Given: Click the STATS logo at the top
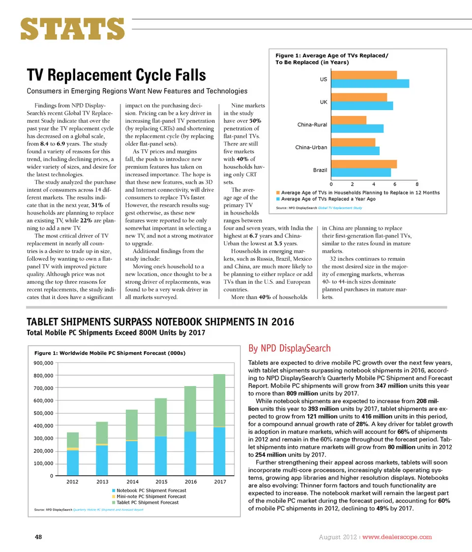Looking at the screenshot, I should tap(72, 29).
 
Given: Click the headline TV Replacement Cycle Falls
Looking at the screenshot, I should tap(116, 75).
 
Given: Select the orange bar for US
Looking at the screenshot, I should tap(364, 75).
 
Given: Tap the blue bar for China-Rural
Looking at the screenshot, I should tap(357, 129).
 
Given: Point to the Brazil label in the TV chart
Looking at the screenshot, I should tap(320, 170).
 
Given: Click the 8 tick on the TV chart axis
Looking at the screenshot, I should tap(417, 184).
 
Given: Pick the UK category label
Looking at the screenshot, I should tap(324, 102).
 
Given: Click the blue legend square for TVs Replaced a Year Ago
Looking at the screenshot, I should tap(278, 199).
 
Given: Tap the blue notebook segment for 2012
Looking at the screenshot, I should tap(73, 463).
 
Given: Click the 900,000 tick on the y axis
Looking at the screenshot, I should tap(43, 363).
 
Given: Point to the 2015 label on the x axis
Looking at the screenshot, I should tap(161, 482).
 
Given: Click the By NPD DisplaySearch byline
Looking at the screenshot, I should tap(289, 349).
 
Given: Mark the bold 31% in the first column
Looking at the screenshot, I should tap(97, 205).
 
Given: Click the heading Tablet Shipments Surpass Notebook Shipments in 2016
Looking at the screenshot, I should tap(160, 322).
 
